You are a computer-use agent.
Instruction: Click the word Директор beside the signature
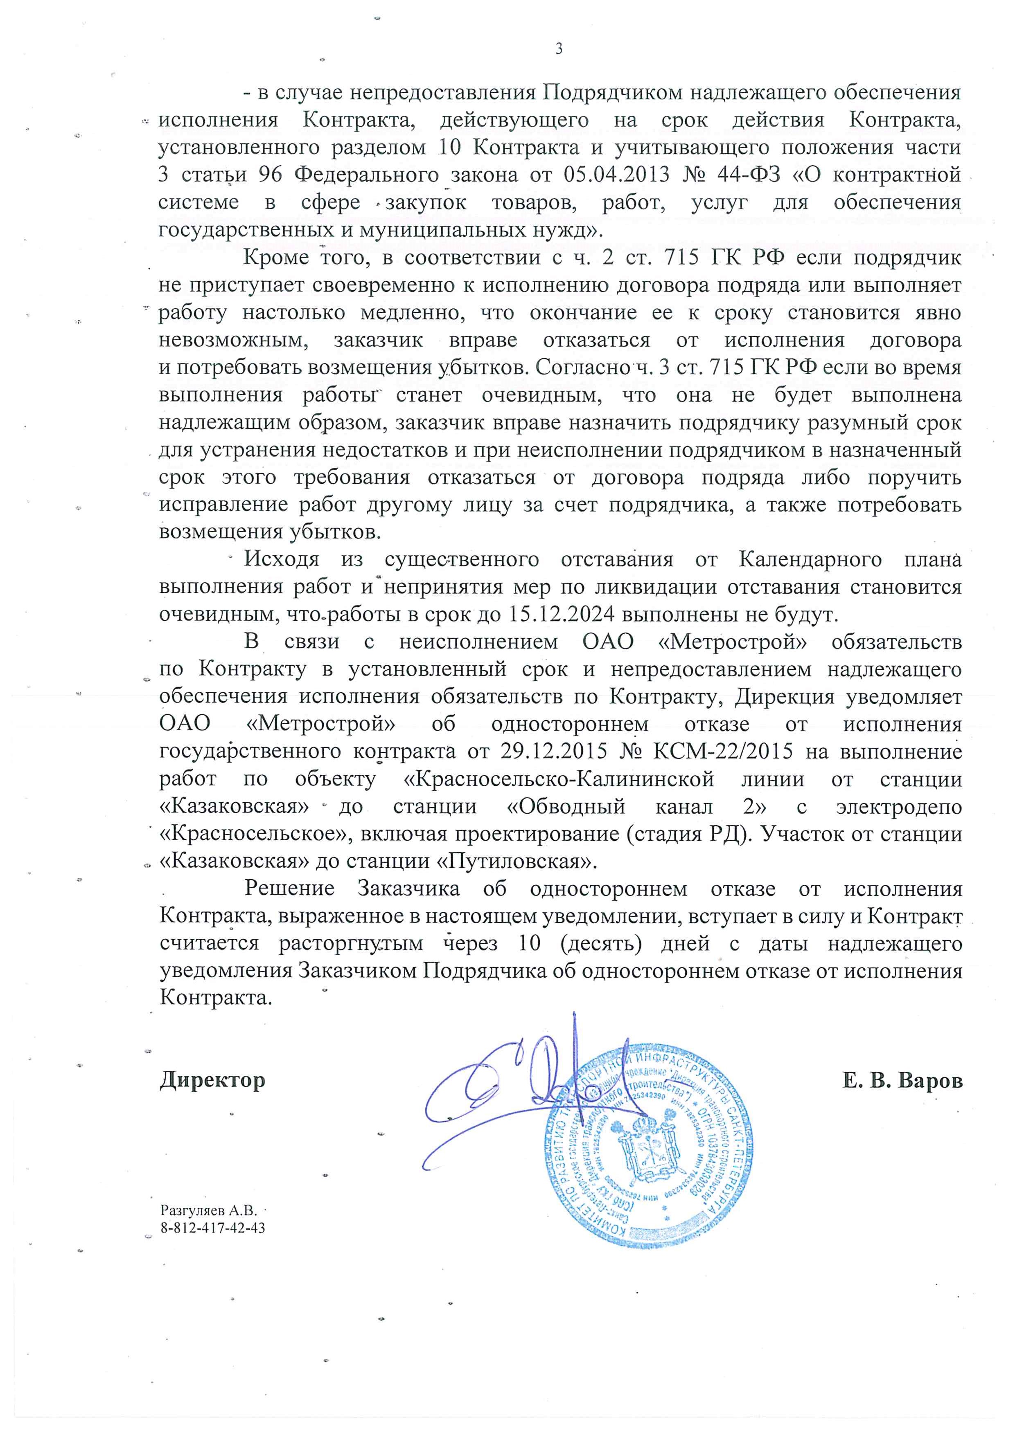(212, 1080)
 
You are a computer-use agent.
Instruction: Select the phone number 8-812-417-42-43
(212, 1228)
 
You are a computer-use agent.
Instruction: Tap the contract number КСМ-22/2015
(722, 752)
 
